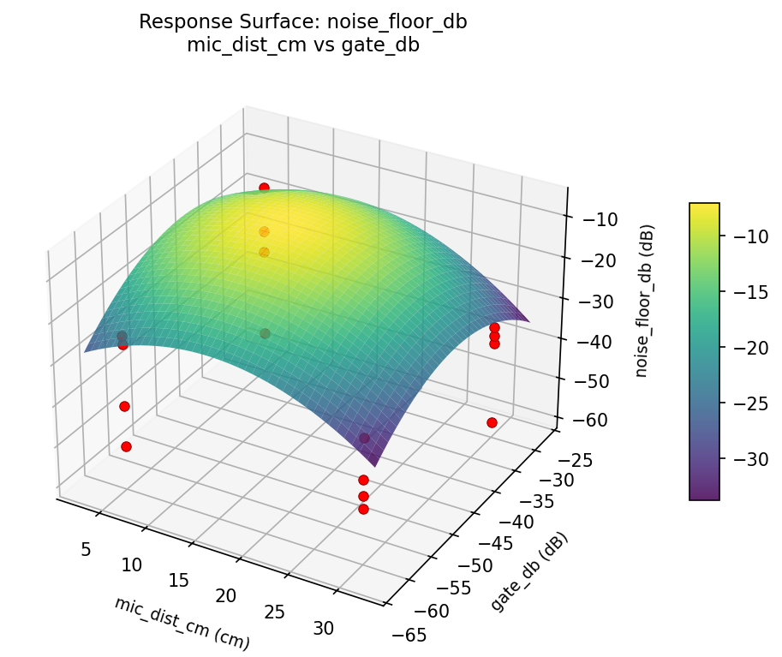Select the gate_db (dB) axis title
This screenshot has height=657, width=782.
tap(529, 571)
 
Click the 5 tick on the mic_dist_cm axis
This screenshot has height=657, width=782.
tap(86, 549)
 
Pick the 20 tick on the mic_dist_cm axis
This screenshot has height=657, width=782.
tap(226, 595)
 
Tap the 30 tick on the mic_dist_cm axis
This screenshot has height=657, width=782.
tap(324, 628)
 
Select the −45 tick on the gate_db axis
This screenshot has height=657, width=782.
tap(465, 543)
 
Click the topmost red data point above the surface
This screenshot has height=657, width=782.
tap(264, 188)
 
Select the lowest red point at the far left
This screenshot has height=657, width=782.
tap(127, 446)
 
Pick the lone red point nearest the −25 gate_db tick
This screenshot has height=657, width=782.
tap(492, 422)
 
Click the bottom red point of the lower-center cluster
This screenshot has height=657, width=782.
tap(363, 509)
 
